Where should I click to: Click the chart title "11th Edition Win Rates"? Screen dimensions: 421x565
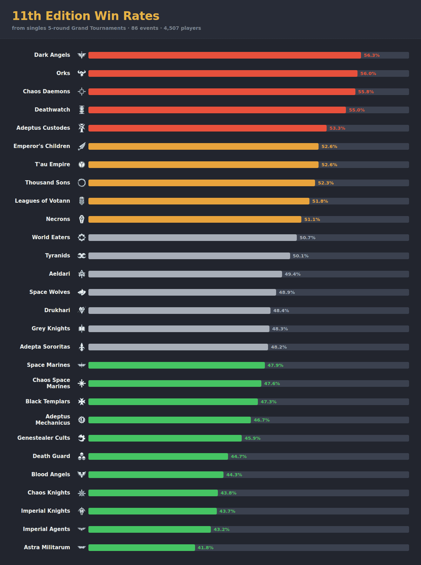(x=86, y=16)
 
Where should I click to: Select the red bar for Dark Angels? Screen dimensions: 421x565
(x=225, y=55)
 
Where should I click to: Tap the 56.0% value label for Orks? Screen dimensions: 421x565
(x=368, y=74)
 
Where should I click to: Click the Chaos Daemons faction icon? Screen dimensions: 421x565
(x=81, y=92)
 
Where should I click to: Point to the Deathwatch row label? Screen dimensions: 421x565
(x=52, y=109)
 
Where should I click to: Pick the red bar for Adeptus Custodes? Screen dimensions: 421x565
(x=207, y=128)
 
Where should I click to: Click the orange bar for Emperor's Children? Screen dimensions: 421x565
(x=203, y=147)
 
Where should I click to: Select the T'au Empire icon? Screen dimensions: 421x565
(x=81, y=164)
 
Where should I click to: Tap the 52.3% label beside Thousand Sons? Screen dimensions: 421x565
(x=326, y=183)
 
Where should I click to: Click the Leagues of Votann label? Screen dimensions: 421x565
(x=42, y=201)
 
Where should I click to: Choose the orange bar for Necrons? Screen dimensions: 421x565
(x=195, y=219)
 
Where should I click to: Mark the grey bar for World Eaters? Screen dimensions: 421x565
(x=192, y=238)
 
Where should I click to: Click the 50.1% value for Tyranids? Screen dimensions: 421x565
(x=300, y=256)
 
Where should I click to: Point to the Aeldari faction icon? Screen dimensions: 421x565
(x=81, y=274)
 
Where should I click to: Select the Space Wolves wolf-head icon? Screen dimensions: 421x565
(x=81, y=292)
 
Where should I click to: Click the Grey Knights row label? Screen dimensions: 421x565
(x=51, y=328)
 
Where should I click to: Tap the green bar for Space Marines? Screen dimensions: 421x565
(x=176, y=365)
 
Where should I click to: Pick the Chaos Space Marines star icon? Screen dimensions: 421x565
(x=81, y=383)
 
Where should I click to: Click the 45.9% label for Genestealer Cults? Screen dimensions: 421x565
(x=252, y=438)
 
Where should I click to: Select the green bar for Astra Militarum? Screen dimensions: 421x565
(x=142, y=548)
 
